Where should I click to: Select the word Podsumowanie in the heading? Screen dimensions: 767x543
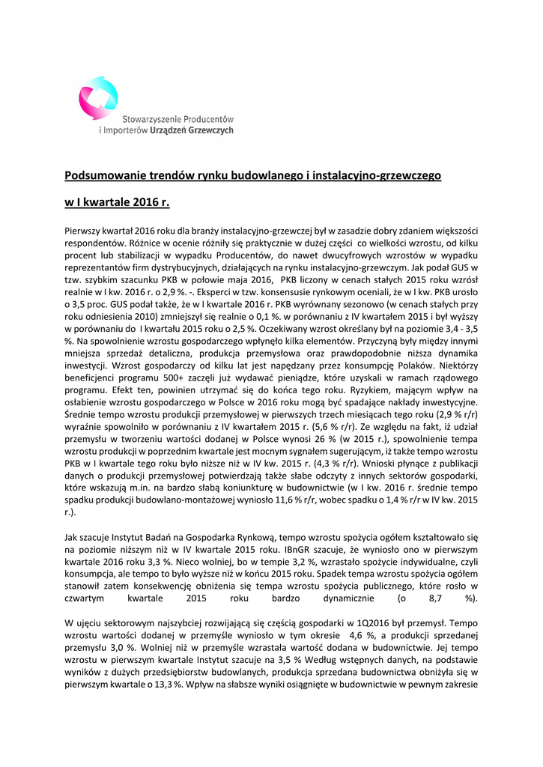tap(100, 175)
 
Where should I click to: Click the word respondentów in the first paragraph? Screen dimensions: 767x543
tap(94, 243)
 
